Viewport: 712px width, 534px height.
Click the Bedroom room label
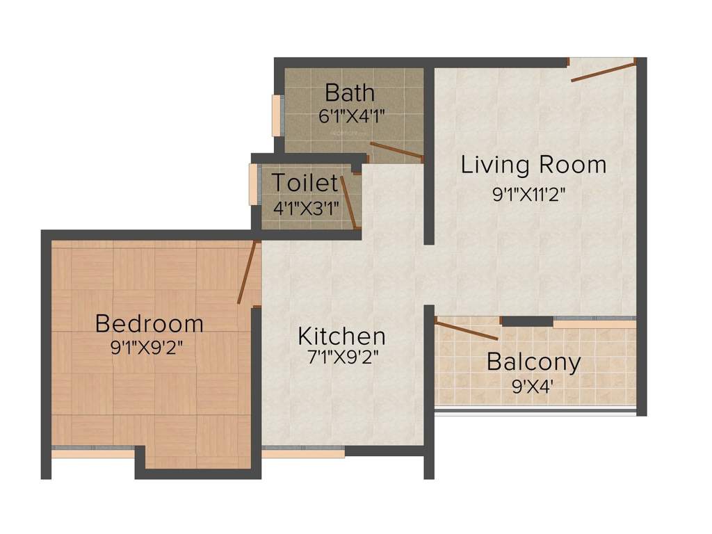[149, 323]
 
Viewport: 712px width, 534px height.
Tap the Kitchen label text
[341, 337]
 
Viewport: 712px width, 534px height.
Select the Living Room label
[533, 165]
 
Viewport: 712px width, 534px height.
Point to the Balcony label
[533, 362]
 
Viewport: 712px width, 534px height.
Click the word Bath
[350, 92]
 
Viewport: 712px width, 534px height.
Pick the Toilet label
[305, 184]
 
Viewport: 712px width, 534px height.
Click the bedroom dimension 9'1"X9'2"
[150, 347]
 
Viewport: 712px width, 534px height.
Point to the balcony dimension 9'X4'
[533, 385]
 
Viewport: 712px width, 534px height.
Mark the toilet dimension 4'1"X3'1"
[305, 207]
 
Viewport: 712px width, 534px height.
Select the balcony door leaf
[466, 330]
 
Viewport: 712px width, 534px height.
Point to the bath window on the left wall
[277, 115]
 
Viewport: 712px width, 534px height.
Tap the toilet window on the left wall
[254, 184]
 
